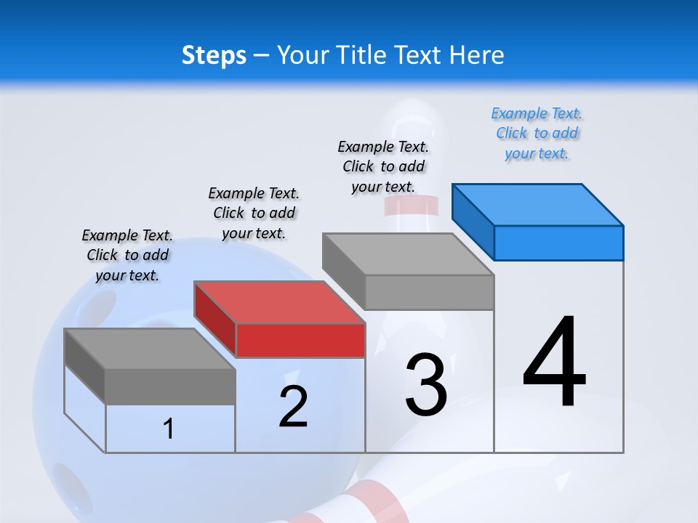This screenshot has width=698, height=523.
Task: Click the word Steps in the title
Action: (x=213, y=55)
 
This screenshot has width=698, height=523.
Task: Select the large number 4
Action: (x=554, y=363)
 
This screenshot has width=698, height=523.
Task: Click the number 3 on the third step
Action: (x=426, y=384)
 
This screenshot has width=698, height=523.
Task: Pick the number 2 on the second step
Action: (x=293, y=407)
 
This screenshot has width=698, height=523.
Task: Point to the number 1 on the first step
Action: (x=169, y=429)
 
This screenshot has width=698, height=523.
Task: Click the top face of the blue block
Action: (x=538, y=204)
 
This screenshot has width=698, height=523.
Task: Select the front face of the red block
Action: (x=300, y=340)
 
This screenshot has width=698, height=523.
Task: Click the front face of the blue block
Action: (x=558, y=243)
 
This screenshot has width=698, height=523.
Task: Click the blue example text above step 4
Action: (x=537, y=134)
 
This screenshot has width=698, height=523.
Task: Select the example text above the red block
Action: (x=254, y=213)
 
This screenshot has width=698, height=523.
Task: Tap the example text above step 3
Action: (x=383, y=166)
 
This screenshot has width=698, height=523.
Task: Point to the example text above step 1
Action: (x=127, y=255)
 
